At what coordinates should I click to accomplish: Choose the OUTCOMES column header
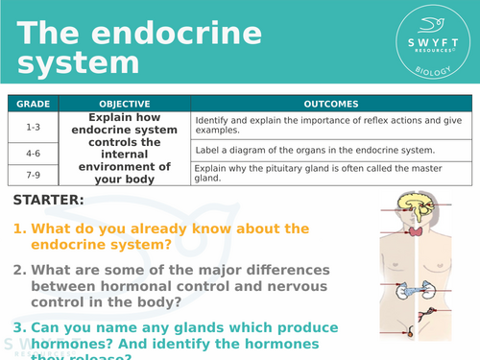330,104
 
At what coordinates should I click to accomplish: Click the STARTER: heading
49,201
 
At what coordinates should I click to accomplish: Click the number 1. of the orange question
20,229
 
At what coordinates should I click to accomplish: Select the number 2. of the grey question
20,270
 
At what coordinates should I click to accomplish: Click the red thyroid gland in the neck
416,231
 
